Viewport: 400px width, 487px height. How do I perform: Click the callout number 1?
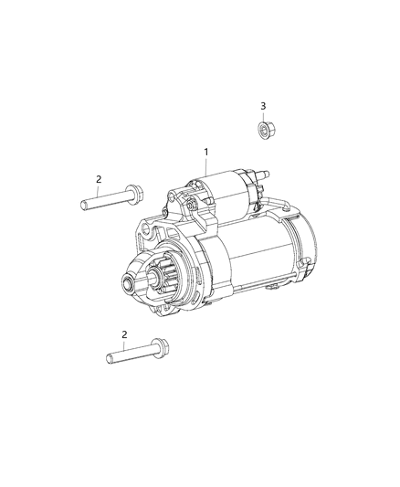[x=206, y=152]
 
